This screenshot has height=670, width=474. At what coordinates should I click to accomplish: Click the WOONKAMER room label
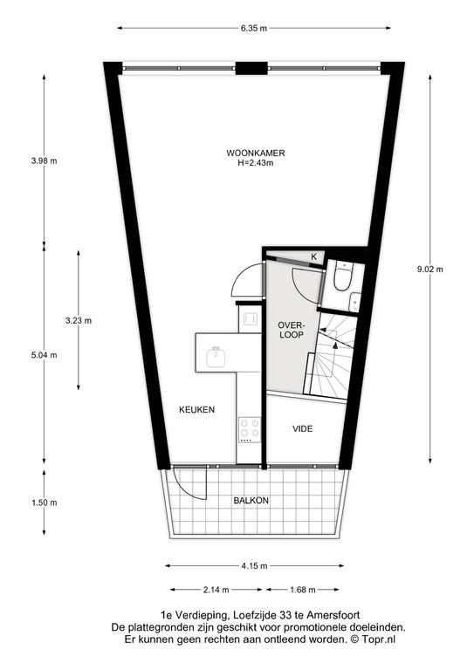[x=256, y=153]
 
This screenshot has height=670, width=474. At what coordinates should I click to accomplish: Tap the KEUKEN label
[x=196, y=409]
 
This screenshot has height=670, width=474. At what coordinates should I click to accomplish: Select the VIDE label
[x=303, y=428]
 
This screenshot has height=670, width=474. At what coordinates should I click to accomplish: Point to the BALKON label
[x=251, y=501]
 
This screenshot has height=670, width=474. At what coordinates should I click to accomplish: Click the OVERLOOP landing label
[x=291, y=331]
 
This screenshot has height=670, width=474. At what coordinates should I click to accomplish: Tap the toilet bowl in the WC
[x=343, y=277]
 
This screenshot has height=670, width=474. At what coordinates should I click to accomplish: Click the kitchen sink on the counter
[x=216, y=357]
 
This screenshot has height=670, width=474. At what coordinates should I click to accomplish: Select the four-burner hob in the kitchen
[x=250, y=430]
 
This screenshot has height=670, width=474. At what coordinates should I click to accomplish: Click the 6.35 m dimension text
[x=254, y=29]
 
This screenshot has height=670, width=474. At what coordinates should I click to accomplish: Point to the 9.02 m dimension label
[x=430, y=270]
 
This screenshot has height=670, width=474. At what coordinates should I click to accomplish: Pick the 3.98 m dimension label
[x=44, y=161]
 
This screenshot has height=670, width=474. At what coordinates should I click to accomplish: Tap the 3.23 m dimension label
[x=79, y=320]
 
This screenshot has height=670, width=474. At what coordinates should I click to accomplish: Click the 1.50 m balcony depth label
[x=44, y=502]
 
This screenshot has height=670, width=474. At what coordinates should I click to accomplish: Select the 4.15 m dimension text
[x=254, y=566]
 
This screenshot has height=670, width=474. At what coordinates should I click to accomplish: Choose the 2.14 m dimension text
[x=216, y=590]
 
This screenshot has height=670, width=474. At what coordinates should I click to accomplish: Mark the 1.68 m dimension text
[x=303, y=590]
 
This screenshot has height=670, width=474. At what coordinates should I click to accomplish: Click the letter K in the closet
[x=313, y=256]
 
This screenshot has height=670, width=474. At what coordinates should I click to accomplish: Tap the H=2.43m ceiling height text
[x=256, y=163]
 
